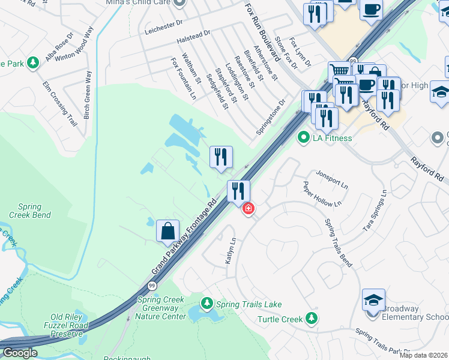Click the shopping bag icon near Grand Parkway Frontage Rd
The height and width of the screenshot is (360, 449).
[x=167, y=231]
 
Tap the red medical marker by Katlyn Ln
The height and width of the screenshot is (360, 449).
[x=247, y=209]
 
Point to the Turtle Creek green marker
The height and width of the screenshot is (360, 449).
[x=311, y=318]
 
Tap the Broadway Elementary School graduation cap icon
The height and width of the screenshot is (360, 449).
[x=373, y=299]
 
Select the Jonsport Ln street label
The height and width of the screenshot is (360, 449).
[x=332, y=179]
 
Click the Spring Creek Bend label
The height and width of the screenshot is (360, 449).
[x=29, y=211]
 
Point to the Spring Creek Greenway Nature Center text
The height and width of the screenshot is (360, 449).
[x=162, y=308]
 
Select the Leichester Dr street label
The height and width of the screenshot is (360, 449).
[x=163, y=24]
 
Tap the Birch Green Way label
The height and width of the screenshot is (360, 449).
[x=88, y=95]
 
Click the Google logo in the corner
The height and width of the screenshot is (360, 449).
[x=20, y=353]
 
